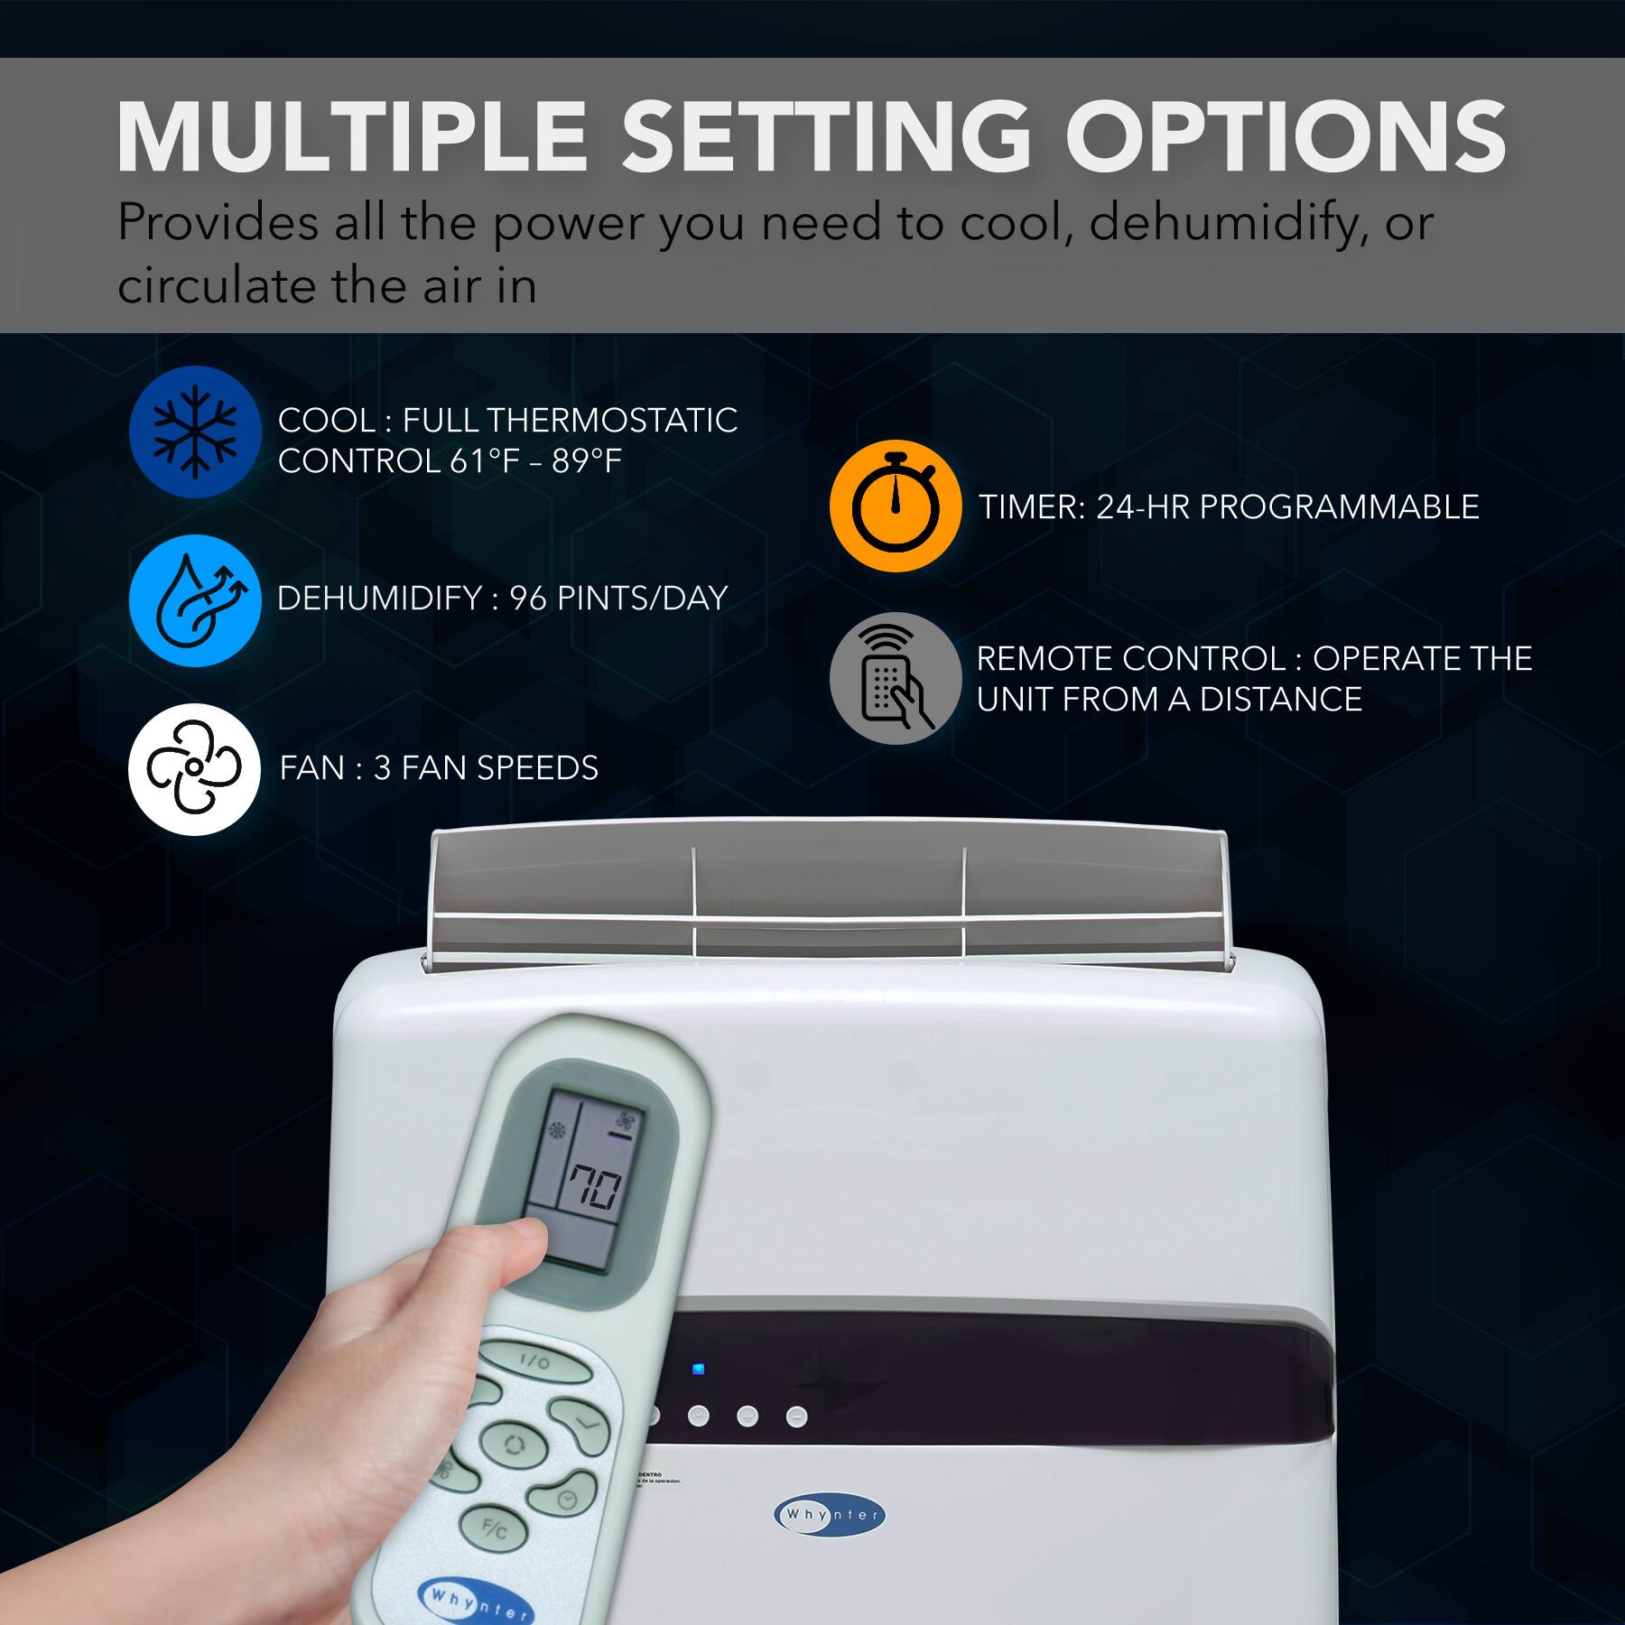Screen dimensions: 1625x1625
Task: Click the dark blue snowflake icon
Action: pos(194,432)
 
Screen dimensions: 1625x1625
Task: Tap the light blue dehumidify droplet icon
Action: pos(194,600)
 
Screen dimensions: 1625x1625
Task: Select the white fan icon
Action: pos(194,769)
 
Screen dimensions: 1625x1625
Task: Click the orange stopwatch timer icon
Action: pos(895,506)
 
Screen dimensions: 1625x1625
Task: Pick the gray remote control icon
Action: pos(895,678)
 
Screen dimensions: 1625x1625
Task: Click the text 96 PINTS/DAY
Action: pos(618,599)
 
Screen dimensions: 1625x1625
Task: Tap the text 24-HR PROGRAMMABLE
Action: pos(1287,507)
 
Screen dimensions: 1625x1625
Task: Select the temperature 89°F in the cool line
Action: pos(587,461)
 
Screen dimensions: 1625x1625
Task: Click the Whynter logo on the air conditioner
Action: pos(830,1514)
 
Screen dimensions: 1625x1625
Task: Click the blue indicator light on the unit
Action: pos(698,1370)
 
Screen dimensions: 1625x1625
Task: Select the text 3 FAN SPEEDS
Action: pos(486,768)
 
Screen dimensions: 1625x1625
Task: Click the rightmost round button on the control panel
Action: pos(796,1416)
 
